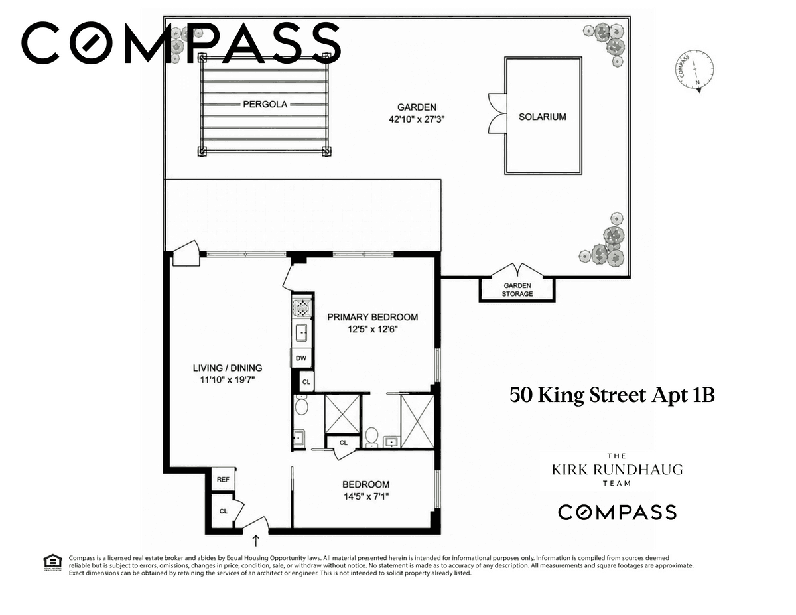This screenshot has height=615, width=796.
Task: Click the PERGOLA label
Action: [x=265, y=104]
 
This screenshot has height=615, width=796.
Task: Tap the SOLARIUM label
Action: [x=542, y=117]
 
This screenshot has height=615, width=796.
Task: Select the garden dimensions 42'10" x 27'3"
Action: [x=417, y=119]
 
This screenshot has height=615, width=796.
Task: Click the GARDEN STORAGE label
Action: [x=517, y=289]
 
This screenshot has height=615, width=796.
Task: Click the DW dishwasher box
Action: [x=301, y=358]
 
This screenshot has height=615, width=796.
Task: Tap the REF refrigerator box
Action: [x=223, y=479]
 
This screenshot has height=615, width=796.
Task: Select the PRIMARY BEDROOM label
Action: [x=373, y=317]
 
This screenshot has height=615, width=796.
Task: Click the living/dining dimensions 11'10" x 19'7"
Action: [x=227, y=380]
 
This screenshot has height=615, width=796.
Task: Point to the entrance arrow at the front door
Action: [x=256, y=540]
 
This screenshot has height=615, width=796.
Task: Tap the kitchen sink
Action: [x=301, y=333]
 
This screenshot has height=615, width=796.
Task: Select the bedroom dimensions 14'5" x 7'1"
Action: [x=366, y=497]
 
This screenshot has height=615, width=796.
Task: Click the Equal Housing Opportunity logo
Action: [x=53, y=562]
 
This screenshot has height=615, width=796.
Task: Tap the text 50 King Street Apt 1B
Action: [x=612, y=395]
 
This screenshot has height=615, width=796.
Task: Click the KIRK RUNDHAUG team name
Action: [x=618, y=470]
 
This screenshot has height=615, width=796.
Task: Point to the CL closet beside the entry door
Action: [x=224, y=511]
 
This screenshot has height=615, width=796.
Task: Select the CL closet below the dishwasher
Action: [x=306, y=382]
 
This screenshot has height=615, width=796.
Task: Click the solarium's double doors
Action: [x=497, y=113]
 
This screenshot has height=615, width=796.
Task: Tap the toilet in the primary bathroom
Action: [x=371, y=437]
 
